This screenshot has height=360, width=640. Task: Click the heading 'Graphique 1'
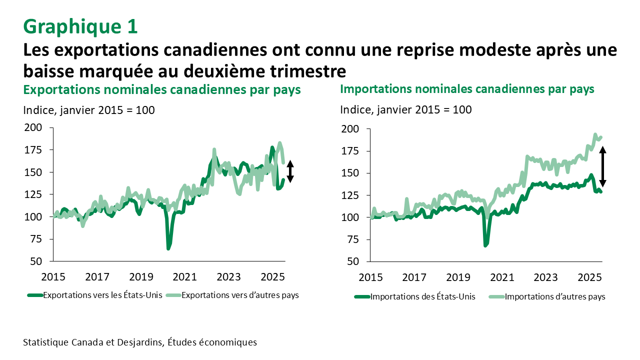80,26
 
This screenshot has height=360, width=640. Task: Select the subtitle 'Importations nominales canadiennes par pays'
467,89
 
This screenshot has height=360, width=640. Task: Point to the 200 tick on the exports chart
33,127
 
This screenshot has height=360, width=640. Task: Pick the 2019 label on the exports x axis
141,276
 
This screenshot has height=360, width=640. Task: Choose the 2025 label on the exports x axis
272,276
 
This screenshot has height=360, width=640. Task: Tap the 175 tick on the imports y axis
350,151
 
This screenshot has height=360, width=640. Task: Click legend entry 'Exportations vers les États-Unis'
102,295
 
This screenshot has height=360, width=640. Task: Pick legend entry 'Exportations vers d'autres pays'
240,295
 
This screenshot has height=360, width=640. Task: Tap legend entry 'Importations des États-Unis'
422,296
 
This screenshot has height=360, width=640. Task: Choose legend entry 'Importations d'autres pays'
555,296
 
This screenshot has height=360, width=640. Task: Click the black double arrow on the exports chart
290,171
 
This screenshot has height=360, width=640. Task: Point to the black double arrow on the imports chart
603,166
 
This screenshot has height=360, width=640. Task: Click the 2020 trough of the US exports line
168,247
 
